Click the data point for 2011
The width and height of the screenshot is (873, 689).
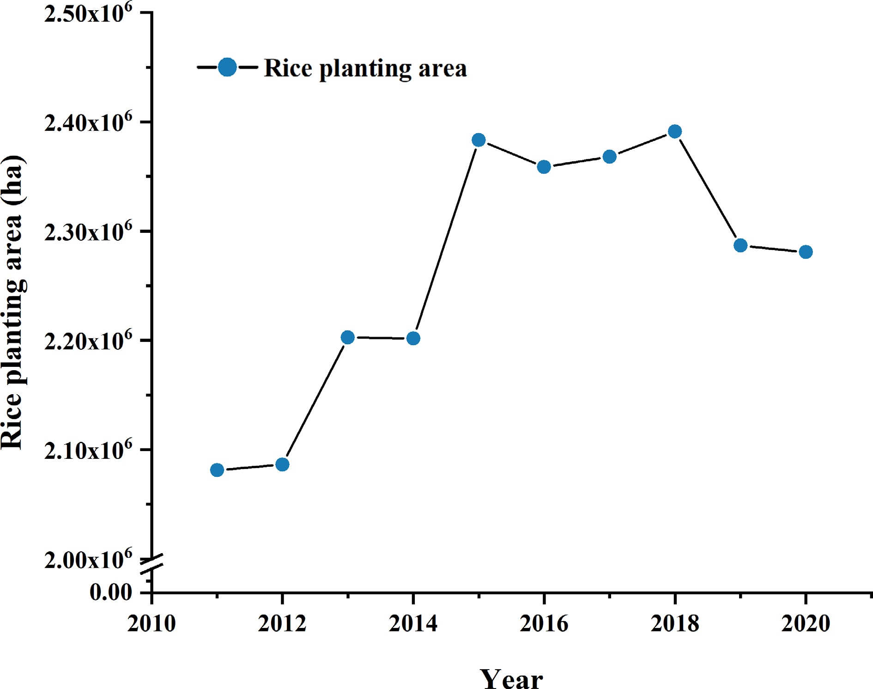(217, 470)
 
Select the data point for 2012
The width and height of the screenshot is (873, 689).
(282, 464)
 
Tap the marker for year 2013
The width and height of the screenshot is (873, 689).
(348, 337)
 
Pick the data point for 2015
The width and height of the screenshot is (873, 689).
(479, 140)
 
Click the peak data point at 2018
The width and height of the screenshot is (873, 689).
(675, 132)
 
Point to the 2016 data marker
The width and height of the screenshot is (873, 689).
(544, 167)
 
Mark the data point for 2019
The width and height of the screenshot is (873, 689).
(740, 245)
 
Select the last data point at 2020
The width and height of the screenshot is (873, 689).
(806, 252)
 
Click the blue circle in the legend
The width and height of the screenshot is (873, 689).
(227, 67)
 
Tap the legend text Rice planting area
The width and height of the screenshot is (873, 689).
(365, 68)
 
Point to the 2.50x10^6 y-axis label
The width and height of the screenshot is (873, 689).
(88, 14)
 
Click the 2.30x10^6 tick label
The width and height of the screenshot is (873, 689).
(88, 232)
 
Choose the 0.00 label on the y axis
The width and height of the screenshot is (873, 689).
(110, 592)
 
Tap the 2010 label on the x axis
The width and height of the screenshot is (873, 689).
(152, 624)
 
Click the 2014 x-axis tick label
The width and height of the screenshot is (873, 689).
(413, 624)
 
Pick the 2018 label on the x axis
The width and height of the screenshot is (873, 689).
(675, 624)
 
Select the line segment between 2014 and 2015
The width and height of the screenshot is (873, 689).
(446, 239)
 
